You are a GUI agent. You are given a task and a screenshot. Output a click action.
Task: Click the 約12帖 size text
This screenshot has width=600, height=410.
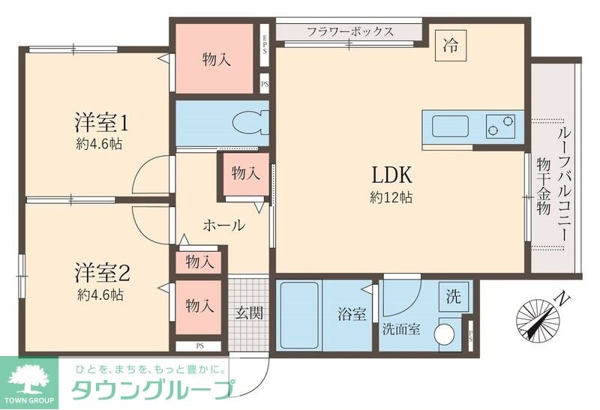(391, 199)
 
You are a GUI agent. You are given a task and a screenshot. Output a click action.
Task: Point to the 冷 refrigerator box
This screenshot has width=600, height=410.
(450, 44)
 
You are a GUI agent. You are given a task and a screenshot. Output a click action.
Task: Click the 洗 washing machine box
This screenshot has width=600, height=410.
(454, 295)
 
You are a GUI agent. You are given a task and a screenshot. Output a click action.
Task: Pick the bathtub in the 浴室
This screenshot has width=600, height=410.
(299, 315)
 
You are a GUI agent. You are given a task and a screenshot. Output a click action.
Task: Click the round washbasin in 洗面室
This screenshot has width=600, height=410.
(448, 331)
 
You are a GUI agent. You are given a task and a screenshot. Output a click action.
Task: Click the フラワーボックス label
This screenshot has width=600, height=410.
(350, 31)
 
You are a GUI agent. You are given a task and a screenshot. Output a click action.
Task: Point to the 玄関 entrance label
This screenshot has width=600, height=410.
(249, 313)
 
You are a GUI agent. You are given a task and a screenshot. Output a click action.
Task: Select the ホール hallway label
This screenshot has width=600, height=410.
(223, 225)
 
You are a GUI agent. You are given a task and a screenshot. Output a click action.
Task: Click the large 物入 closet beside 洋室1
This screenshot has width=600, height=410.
(216, 59)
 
